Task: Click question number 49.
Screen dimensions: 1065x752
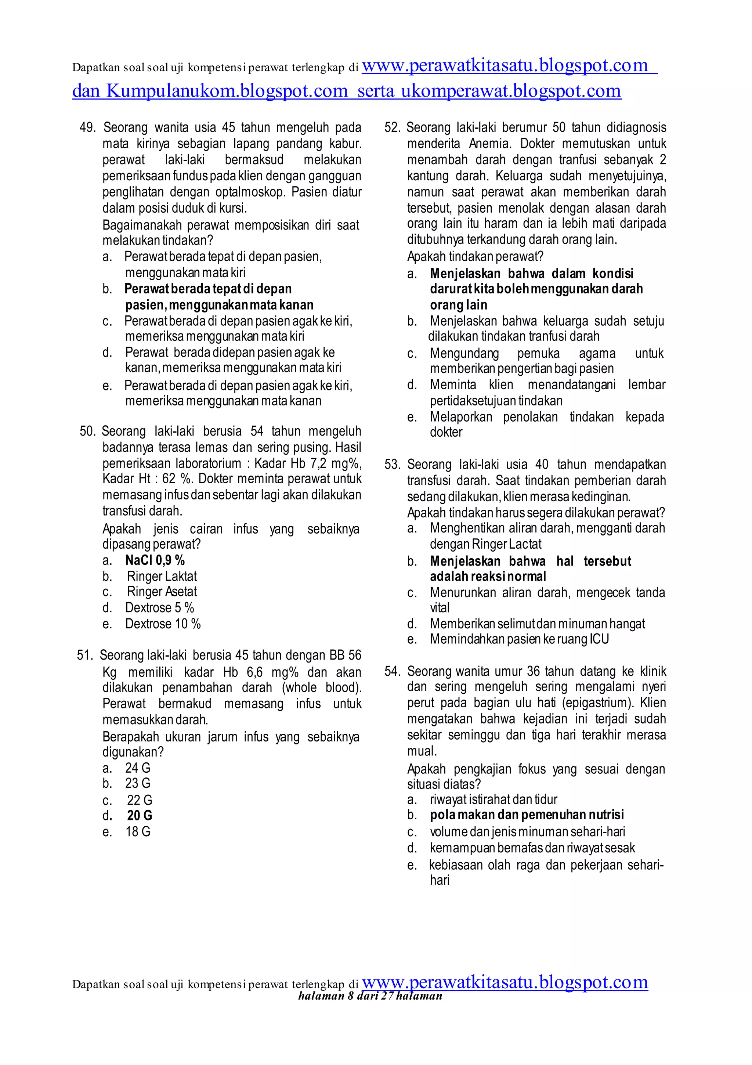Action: [87, 127]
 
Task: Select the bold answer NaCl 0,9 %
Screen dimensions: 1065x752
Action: [155, 560]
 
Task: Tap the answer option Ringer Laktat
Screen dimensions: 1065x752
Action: [162, 577]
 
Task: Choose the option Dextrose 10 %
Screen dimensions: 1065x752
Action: [163, 624]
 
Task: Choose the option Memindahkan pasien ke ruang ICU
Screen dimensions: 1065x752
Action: [519, 639]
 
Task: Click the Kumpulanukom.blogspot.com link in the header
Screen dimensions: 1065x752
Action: [227, 91]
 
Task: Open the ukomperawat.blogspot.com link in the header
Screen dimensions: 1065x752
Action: [511, 91]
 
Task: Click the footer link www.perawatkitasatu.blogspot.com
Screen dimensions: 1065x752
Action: [505, 982]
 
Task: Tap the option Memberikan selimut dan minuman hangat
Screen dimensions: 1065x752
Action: [537, 624]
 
